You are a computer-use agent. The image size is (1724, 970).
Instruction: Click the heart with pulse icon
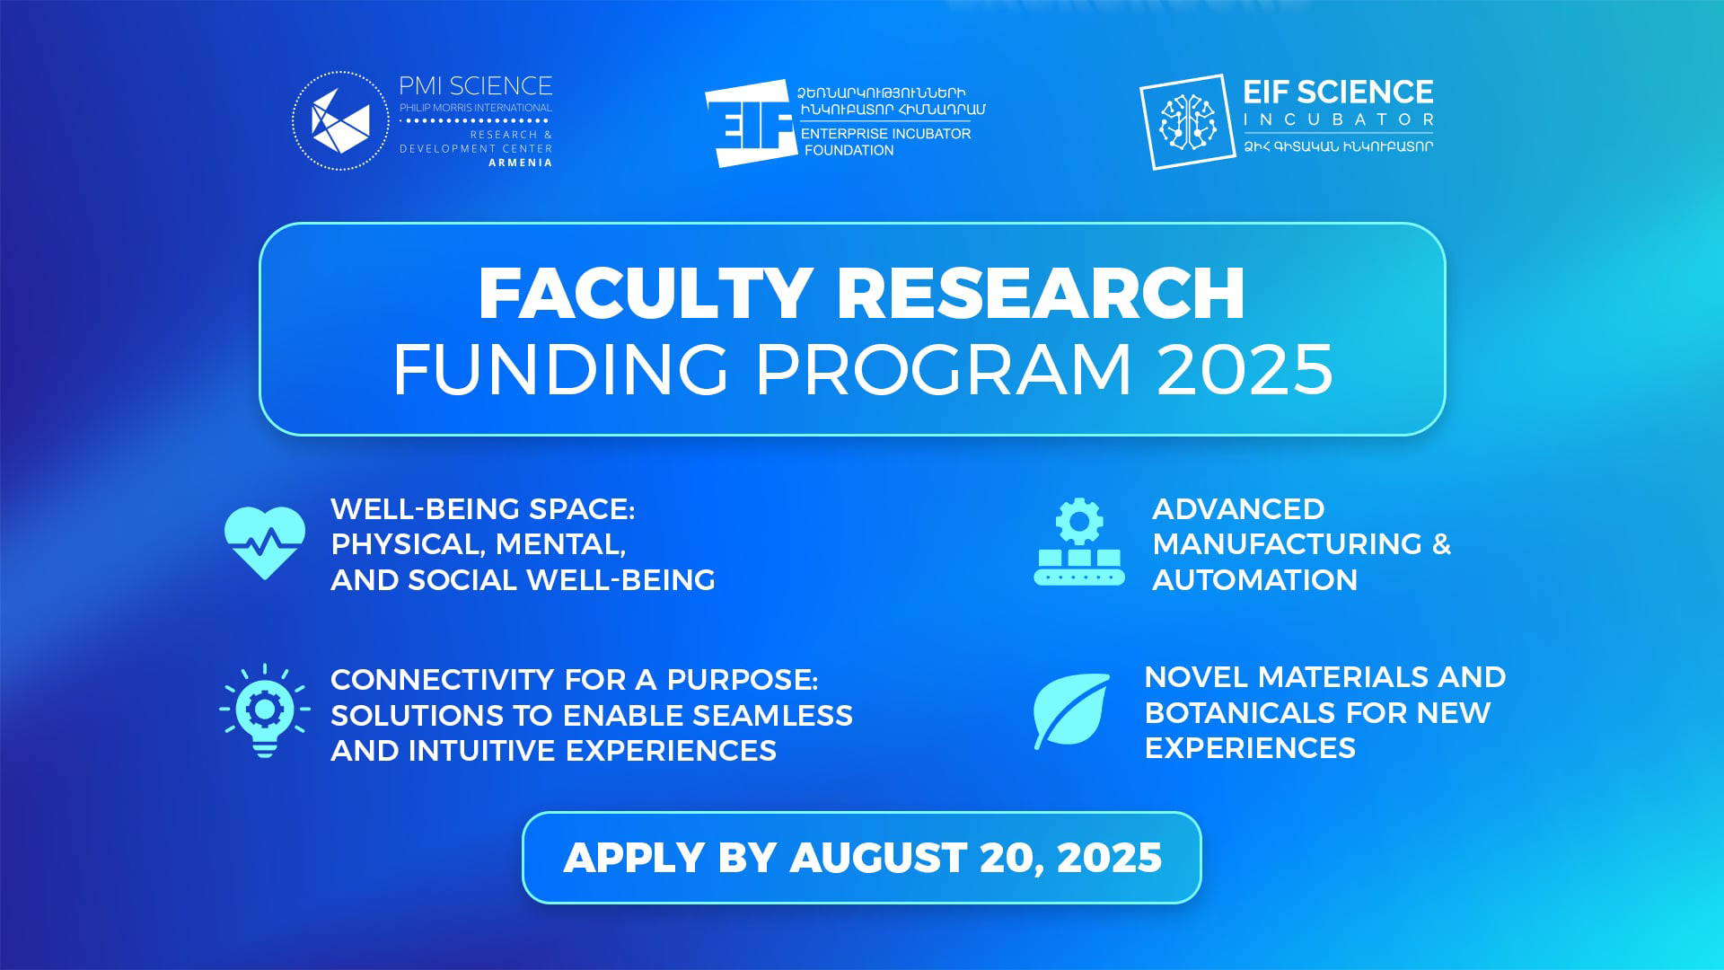click(x=265, y=542)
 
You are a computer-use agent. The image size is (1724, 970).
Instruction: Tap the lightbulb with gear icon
click(x=265, y=710)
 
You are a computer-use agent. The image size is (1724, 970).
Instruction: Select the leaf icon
click(x=1071, y=710)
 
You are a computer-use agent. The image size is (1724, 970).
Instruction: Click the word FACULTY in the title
click(x=646, y=293)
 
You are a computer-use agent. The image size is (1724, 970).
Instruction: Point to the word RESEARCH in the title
click(x=1041, y=293)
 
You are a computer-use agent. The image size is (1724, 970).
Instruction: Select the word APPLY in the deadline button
click(x=633, y=858)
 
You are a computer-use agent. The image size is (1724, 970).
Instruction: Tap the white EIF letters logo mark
click(x=751, y=123)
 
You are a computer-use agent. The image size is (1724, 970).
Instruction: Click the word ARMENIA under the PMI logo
click(x=521, y=163)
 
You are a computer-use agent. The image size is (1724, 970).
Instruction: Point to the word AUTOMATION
click(x=1254, y=580)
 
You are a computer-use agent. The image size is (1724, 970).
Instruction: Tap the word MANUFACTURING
click(x=1288, y=544)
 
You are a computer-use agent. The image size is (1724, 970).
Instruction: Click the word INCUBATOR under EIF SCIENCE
click(x=1338, y=119)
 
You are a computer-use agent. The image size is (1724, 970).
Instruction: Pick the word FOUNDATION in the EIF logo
click(x=849, y=150)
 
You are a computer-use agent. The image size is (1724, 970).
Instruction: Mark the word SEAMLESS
click(x=772, y=716)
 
